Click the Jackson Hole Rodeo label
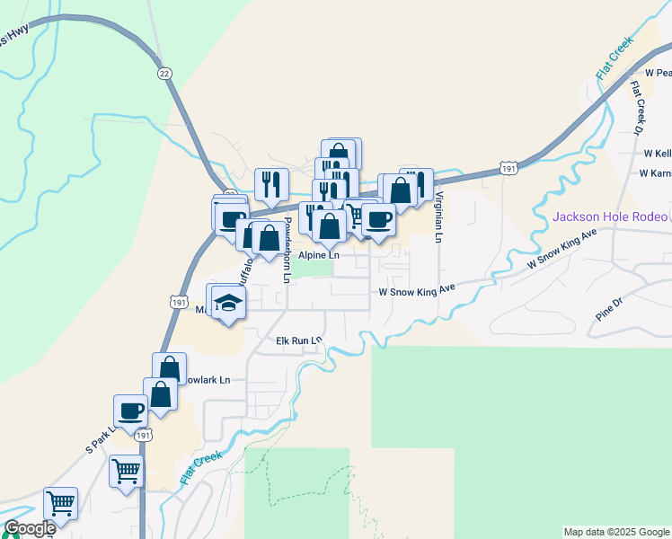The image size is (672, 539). pyautogui.click(x=610, y=216)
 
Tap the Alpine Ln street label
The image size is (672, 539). pyautogui.click(x=319, y=255)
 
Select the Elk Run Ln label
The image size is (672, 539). pyautogui.click(x=298, y=340)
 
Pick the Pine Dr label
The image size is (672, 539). pyautogui.click(x=608, y=315)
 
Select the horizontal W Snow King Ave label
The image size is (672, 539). pyautogui.click(x=418, y=292)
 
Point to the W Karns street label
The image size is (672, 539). pyautogui.click(x=657, y=173)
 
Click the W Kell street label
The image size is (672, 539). pyautogui.click(x=657, y=154)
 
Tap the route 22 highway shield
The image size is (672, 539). pyautogui.click(x=163, y=73)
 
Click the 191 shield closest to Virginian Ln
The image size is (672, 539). pyautogui.click(x=509, y=168)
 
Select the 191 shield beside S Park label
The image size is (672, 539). pyautogui.click(x=143, y=435)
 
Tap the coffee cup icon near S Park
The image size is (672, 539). pyautogui.click(x=131, y=410)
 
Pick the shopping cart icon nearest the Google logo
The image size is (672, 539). pyautogui.click(x=61, y=503)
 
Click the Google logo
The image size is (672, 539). pyautogui.click(x=30, y=529)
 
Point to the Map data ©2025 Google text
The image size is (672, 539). pyautogui.click(x=616, y=532)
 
